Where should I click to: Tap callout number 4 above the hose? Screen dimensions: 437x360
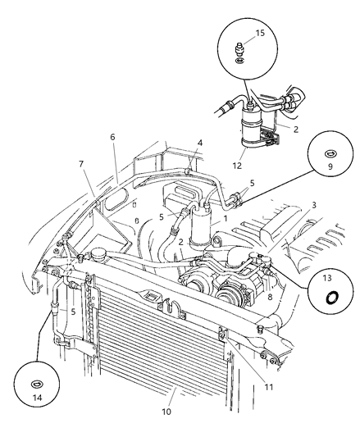click(x=200, y=143)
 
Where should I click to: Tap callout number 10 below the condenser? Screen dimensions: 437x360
click(x=166, y=411)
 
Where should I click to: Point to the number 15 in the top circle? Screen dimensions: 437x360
click(x=261, y=33)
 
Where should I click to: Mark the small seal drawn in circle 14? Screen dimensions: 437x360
click(x=35, y=383)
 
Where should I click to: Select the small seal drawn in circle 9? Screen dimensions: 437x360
click(x=330, y=152)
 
